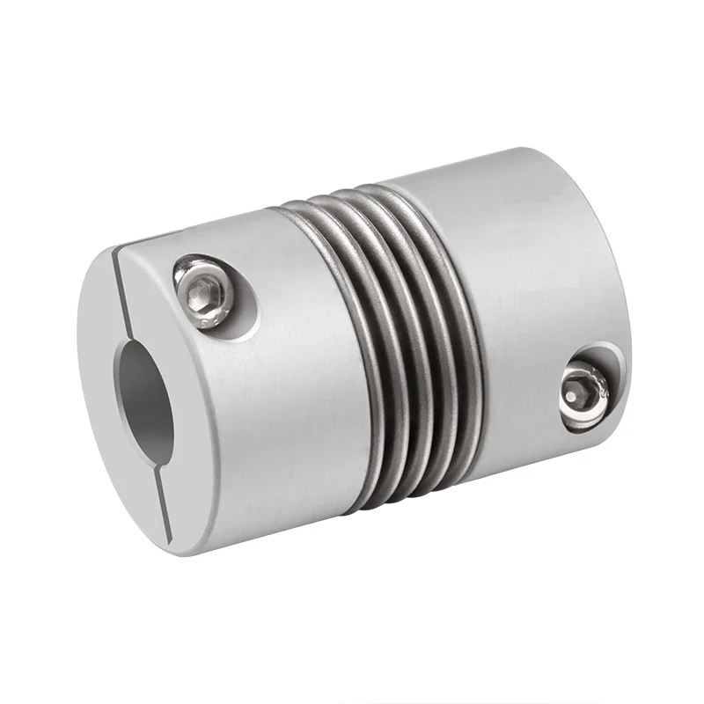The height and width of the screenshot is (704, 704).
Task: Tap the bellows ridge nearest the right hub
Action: click(x=458, y=352)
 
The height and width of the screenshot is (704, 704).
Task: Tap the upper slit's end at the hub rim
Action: click(x=116, y=256)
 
